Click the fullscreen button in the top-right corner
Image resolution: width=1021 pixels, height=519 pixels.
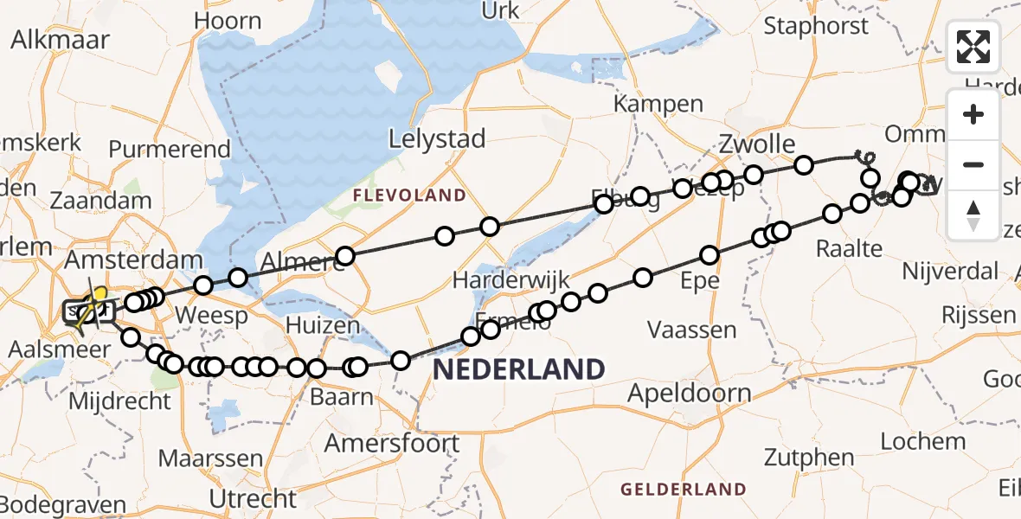tap(973, 47)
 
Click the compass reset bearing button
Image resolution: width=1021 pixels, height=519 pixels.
tap(973, 215)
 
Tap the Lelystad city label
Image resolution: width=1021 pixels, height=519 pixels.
tap(437, 138)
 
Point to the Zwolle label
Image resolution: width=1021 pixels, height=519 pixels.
tap(757, 143)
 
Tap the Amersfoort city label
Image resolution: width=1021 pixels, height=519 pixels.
tap(392, 444)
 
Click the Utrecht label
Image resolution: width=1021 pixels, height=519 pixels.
tap(254, 498)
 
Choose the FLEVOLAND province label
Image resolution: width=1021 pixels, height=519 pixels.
tap(409, 195)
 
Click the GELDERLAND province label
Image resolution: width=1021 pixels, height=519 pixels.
tap(684, 490)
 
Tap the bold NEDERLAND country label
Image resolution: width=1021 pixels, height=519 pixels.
tap(519, 370)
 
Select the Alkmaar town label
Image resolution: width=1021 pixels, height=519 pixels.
tap(60, 39)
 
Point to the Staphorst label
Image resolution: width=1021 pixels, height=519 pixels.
tap(816, 26)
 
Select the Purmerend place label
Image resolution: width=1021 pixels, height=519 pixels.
tap(170, 150)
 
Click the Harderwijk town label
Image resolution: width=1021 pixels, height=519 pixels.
tap(511, 279)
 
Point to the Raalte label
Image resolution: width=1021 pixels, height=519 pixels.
tap(850, 249)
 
